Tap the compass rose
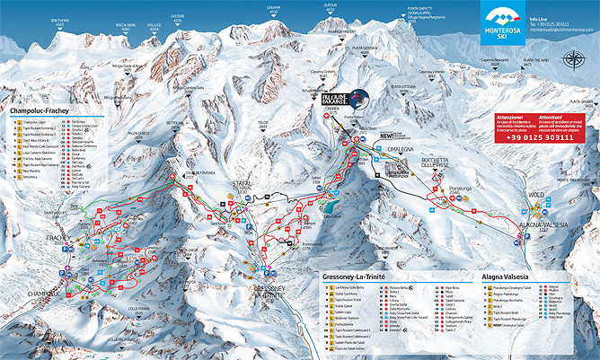573,62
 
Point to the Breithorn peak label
60,21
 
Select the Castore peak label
177,18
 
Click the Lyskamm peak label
274,8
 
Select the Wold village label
536,194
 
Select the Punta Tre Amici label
528,63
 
